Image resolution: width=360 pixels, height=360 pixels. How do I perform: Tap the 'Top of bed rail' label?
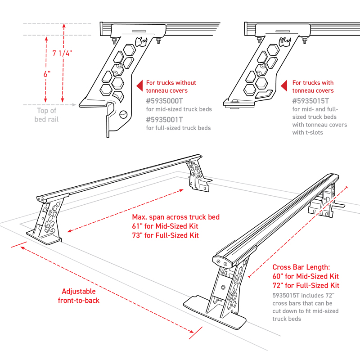[x=47, y=115]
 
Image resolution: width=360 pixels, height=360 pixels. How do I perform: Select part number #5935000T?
[x=165, y=101]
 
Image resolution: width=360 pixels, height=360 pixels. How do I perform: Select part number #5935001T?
[x=165, y=120]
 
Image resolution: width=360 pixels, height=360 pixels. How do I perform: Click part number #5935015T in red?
[x=310, y=101]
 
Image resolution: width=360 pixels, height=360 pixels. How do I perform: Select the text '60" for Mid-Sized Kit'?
[x=306, y=276]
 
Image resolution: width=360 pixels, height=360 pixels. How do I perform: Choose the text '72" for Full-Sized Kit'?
[x=306, y=286]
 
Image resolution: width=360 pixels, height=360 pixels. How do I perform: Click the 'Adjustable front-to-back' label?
[x=79, y=296]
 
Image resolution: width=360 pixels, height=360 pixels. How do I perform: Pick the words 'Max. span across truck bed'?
[x=173, y=217]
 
